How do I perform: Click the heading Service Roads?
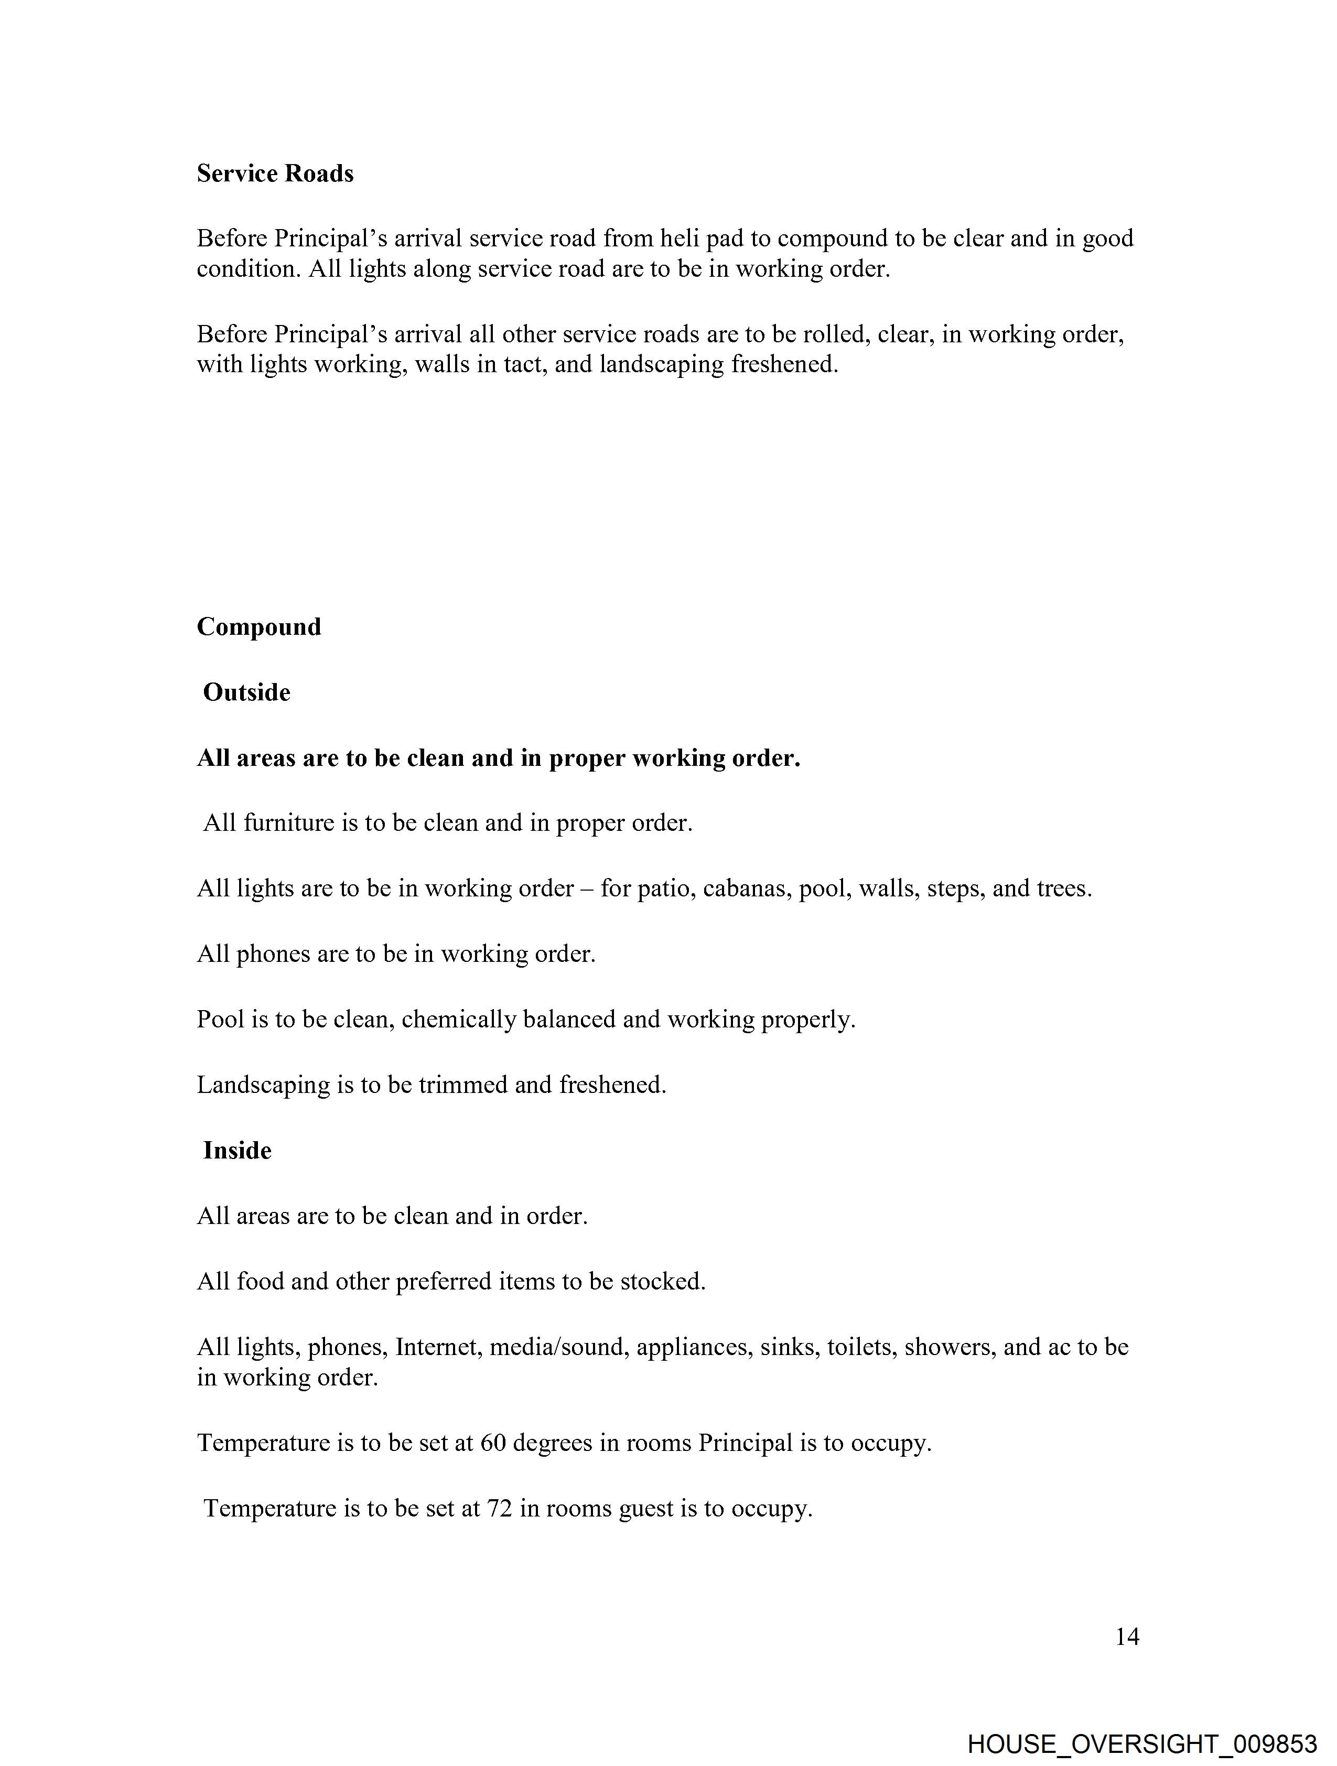pos(275,174)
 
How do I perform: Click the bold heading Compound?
pos(259,627)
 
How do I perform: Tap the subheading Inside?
pos(237,1151)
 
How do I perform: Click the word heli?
pos(679,238)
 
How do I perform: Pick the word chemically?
pos(458,1020)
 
